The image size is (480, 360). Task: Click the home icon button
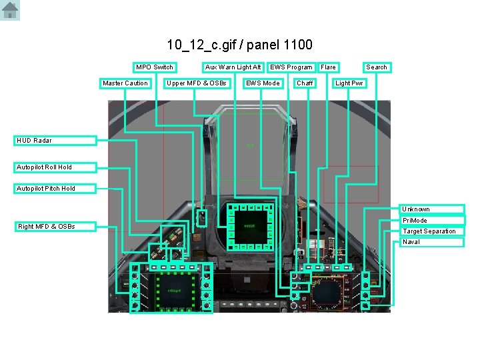(10, 10)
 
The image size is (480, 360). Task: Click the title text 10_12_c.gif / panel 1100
(239, 45)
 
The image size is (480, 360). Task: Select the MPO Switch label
(155, 67)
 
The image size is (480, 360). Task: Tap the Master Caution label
(125, 83)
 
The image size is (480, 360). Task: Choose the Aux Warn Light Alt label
(233, 67)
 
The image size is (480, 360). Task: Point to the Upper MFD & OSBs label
(197, 83)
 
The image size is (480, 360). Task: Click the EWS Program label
(291, 67)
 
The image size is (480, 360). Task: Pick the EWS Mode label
(263, 83)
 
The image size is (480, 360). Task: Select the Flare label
(329, 67)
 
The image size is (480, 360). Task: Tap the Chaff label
(305, 83)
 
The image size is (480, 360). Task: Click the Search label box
(377, 67)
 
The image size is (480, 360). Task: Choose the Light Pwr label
(350, 83)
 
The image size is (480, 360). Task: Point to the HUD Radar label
(56, 141)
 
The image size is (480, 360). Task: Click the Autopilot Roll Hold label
(56, 167)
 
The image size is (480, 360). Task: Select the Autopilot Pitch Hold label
(56, 189)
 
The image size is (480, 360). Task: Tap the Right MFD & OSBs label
(56, 227)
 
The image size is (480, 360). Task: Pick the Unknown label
(432, 209)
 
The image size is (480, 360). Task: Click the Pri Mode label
(432, 221)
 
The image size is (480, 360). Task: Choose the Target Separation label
(432, 231)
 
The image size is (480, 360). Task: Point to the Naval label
(432, 242)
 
